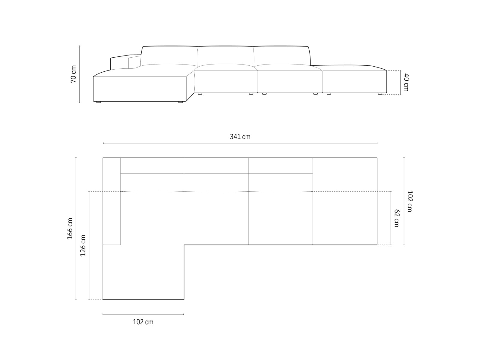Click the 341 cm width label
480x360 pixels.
coord(240,137)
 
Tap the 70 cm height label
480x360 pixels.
coord(73,74)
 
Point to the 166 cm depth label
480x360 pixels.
coord(70,229)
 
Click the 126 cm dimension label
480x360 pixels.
coord(83,245)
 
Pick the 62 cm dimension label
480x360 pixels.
coord(397,218)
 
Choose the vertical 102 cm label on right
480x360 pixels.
coord(410,201)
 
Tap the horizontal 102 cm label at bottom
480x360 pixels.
coord(143,322)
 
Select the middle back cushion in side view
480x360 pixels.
coord(225,56)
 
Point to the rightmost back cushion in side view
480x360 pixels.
coord(281,56)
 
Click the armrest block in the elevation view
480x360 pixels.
coord(119,63)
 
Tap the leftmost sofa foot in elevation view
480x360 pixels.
coord(98,102)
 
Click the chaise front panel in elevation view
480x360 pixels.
coord(140,88)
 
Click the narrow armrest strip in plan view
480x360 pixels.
coord(112,201)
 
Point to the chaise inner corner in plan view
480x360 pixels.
coord(184,245)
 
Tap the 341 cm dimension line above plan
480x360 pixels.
coord(240,143)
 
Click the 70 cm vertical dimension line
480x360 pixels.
coord(79,90)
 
